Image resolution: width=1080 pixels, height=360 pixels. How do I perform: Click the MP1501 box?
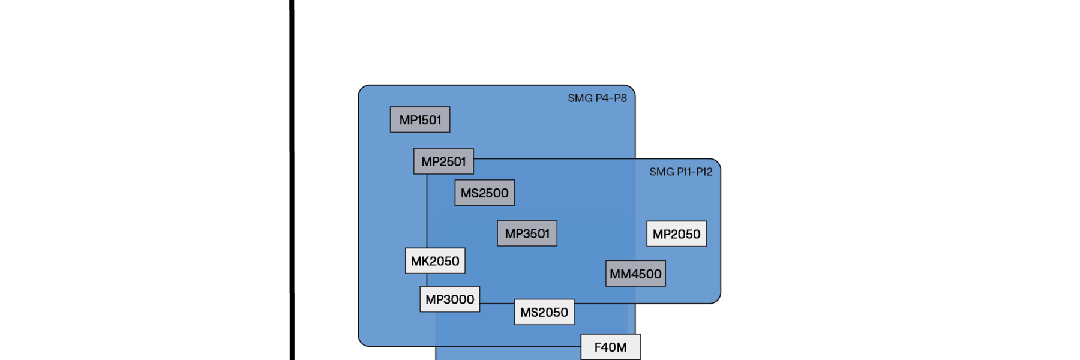pyautogui.click(x=420, y=120)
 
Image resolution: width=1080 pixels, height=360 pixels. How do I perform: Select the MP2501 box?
pyautogui.click(x=443, y=161)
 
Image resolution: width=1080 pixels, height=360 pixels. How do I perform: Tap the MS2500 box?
pyautogui.click(x=485, y=193)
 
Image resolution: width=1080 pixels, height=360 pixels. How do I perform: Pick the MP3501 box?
pyautogui.click(x=527, y=233)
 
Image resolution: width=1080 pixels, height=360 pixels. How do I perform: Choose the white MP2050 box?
pyautogui.click(x=676, y=234)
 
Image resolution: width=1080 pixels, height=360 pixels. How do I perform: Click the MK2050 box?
pyautogui.click(x=435, y=261)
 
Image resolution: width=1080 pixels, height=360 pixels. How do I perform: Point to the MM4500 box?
pyautogui.click(x=635, y=274)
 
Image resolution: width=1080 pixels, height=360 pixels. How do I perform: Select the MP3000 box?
pyautogui.click(x=450, y=299)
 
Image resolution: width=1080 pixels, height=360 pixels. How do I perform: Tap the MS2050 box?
pyautogui.click(x=544, y=312)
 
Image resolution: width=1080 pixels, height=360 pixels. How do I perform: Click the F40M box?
pyautogui.click(x=610, y=347)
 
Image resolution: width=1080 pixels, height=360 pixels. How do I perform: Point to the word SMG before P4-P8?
pyautogui.click(x=580, y=98)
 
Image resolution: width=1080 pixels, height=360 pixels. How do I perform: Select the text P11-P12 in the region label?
pyautogui.click(x=694, y=172)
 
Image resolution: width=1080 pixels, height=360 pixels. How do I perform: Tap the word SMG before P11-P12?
pyautogui.click(x=662, y=172)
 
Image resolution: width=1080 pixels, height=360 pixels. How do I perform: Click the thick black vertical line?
pyautogui.click(x=292, y=180)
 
